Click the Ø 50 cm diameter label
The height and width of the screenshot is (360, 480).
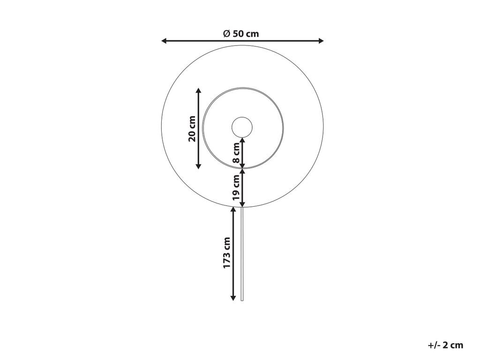(241, 33)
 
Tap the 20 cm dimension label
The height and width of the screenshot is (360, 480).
(192, 128)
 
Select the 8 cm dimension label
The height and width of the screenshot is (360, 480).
(236, 153)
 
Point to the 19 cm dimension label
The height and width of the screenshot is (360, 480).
(236, 187)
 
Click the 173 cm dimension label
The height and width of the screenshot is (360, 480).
(227, 253)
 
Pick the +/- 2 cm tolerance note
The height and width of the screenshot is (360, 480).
(445, 345)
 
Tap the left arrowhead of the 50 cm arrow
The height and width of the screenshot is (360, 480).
(164, 41)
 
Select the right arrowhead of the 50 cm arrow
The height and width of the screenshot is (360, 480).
(321, 41)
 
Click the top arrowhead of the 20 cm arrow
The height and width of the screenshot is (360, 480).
(198, 90)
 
